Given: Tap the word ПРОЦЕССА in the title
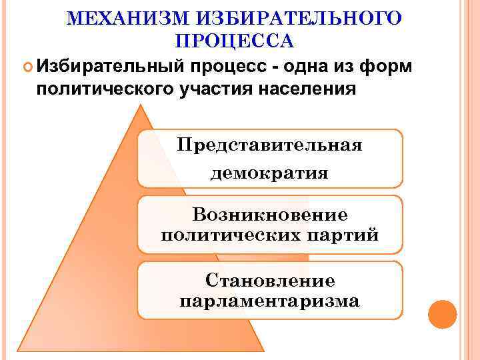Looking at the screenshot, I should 234,42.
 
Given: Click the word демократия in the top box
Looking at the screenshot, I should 269,173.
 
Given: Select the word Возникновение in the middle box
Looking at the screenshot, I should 269,215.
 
